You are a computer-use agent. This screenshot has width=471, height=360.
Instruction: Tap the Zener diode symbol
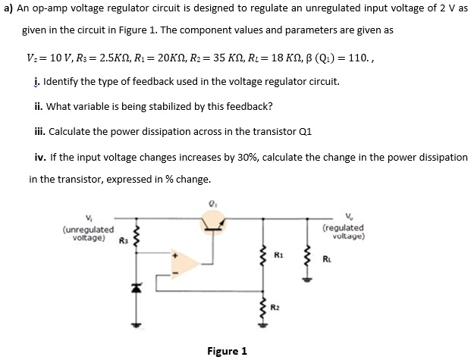pos(138,289)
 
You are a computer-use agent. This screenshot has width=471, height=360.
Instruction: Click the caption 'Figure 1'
pos(227,350)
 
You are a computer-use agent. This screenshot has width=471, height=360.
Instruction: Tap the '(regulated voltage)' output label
pos(343,231)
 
